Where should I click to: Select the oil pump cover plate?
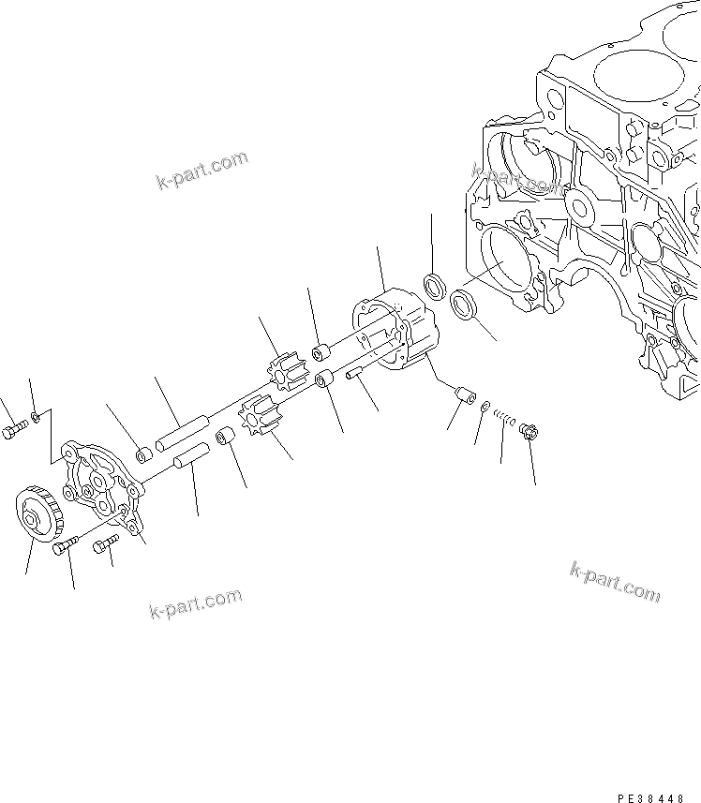tap(98, 483)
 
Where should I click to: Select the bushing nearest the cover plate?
tap(144, 455)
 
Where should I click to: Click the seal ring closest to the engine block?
tap(464, 305)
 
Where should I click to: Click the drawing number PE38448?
tap(656, 772)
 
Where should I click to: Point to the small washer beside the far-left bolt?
tap(36, 415)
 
